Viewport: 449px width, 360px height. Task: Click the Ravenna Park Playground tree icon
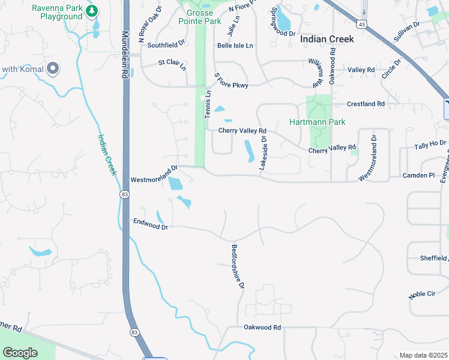point(91,11)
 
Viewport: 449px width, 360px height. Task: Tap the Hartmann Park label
point(318,122)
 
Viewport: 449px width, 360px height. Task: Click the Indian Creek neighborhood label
point(327,39)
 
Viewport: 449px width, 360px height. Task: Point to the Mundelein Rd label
point(125,54)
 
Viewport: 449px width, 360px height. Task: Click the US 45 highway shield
point(361,24)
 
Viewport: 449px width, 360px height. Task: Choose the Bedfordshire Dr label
point(238,266)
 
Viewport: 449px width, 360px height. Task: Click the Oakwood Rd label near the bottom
point(262,328)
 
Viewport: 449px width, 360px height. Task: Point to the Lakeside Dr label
point(262,152)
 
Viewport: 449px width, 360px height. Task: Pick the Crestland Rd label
point(365,104)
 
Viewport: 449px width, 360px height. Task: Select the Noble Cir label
point(421,294)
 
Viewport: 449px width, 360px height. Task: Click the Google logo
point(20,353)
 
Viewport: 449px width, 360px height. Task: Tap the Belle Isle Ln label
point(235,46)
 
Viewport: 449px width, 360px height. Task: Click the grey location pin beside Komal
point(53,68)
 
